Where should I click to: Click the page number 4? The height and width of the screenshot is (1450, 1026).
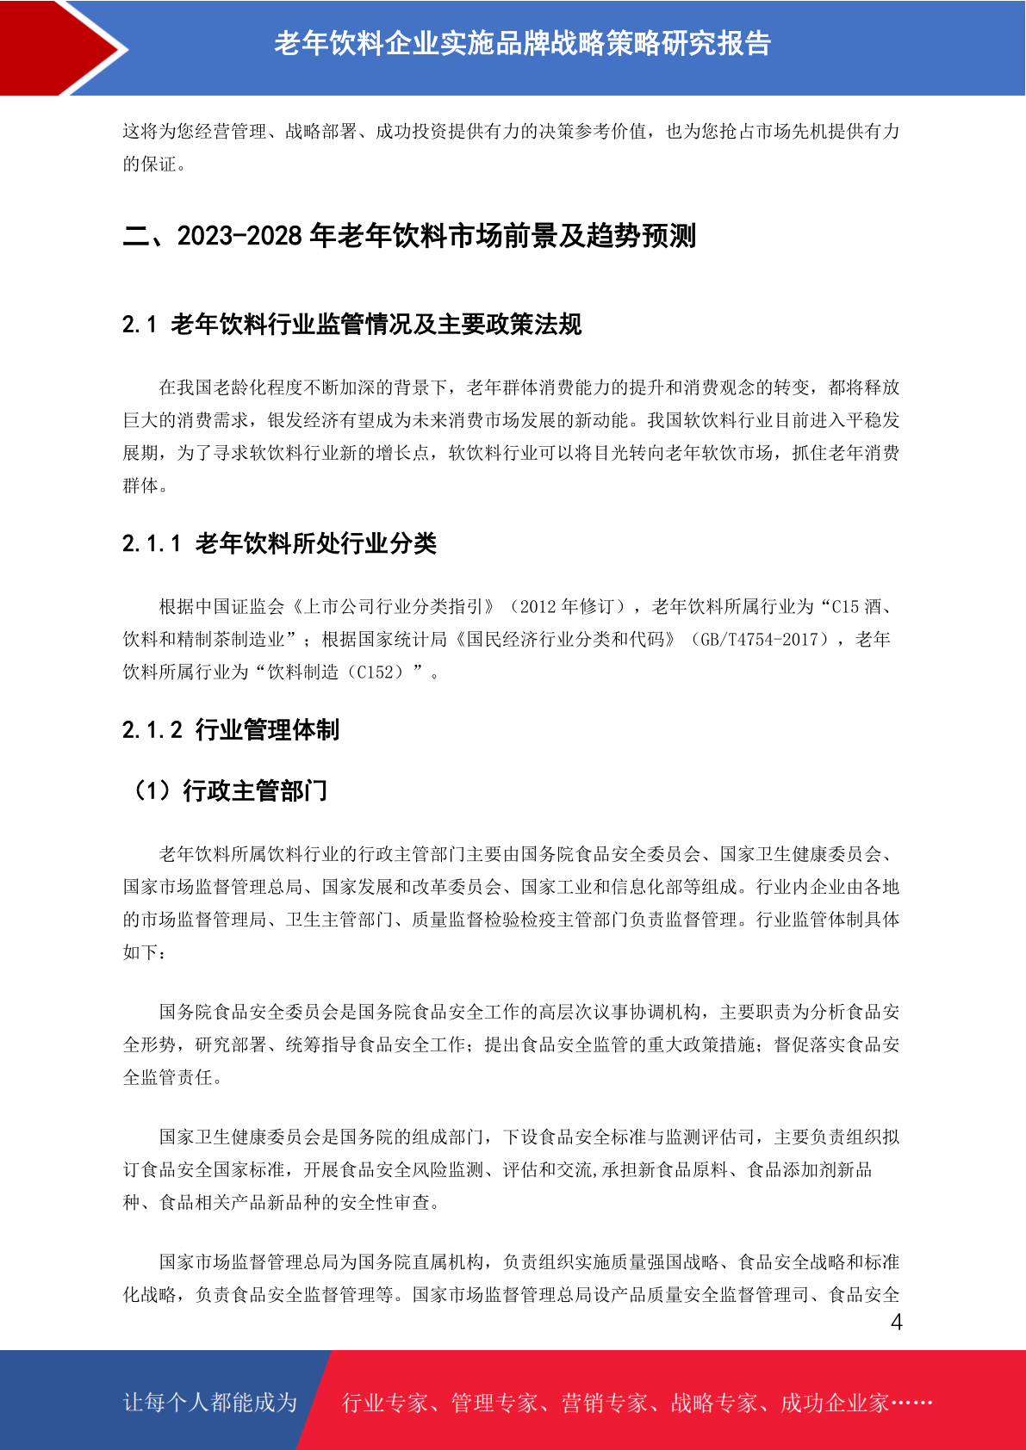[x=896, y=1323]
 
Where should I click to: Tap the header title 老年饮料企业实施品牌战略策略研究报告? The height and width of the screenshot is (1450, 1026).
[x=522, y=44]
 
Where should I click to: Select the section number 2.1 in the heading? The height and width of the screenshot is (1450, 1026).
[x=139, y=325]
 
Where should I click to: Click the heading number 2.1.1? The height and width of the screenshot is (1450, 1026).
[x=152, y=543]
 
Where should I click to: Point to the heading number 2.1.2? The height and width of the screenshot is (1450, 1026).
[x=152, y=730]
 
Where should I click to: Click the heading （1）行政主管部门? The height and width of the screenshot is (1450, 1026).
[x=227, y=790]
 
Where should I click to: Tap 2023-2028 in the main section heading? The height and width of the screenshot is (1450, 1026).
[x=239, y=236]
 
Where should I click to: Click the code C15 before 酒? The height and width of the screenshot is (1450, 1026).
[x=844, y=607]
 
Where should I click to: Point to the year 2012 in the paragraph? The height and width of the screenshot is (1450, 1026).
[x=538, y=607]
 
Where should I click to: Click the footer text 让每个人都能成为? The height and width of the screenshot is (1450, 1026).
[x=210, y=1403]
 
